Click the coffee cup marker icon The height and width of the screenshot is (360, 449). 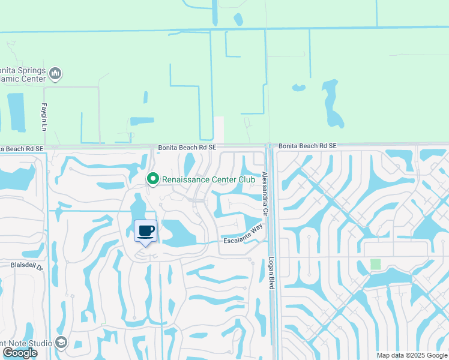point(145,231)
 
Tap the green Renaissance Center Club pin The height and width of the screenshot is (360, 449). point(153,178)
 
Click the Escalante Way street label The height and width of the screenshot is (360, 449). point(244,234)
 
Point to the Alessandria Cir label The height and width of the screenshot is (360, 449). point(265,194)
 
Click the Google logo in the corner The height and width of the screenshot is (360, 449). point(19,353)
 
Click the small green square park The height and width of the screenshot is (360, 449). point(376,264)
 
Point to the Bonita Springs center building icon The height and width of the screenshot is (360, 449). point(55,74)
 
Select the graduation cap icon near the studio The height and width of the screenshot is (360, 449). point(61,342)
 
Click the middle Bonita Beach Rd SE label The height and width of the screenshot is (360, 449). point(187,147)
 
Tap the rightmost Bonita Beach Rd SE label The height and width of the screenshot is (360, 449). point(307,146)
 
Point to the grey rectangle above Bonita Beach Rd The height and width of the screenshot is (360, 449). point(219,130)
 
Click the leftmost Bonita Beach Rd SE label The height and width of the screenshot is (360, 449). point(22,148)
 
